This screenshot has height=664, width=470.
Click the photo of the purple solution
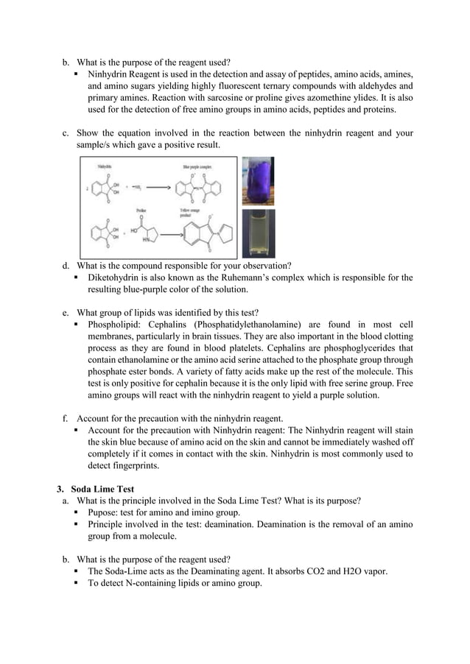coord(258,181)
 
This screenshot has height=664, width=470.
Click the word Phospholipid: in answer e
coord(116,325)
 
